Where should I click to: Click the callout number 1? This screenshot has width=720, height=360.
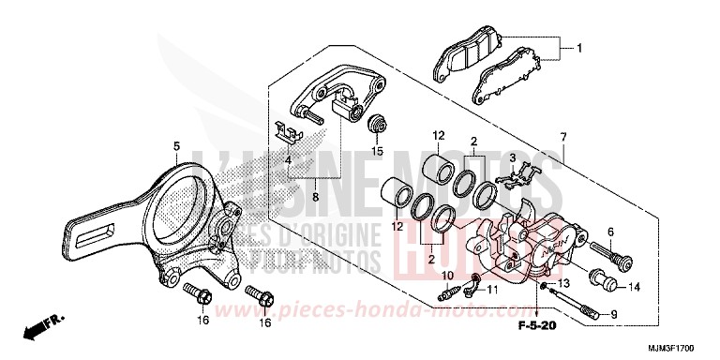point(579,48)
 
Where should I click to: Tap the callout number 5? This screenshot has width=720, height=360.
point(175,145)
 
